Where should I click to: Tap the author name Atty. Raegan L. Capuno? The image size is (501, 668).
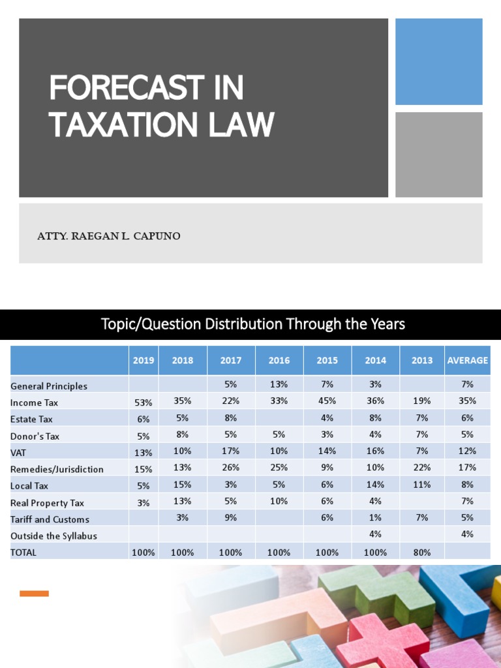(x=109, y=236)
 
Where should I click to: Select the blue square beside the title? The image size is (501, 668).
(x=438, y=61)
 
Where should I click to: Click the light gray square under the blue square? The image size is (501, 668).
(x=438, y=155)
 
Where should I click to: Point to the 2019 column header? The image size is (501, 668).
(x=144, y=360)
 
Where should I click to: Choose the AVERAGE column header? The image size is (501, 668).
(x=467, y=360)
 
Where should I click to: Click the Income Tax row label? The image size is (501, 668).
(x=35, y=403)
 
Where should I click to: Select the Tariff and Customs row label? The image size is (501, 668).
(x=50, y=519)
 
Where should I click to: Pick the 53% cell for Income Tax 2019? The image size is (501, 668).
(x=144, y=403)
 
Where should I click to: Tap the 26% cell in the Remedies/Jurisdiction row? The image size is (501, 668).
(x=230, y=468)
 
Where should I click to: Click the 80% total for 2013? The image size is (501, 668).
(x=422, y=552)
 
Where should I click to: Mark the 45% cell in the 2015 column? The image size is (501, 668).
(x=327, y=401)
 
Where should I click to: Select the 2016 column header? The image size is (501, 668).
(x=279, y=360)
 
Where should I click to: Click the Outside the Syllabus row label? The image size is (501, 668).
(x=53, y=536)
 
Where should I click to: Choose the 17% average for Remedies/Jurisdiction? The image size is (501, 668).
(x=467, y=468)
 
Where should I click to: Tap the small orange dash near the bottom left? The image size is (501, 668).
(x=34, y=593)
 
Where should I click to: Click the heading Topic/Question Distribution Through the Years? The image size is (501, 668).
(x=253, y=324)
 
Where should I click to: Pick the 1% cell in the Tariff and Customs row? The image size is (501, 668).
(x=375, y=517)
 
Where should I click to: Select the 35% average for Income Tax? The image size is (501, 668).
(x=467, y=401)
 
